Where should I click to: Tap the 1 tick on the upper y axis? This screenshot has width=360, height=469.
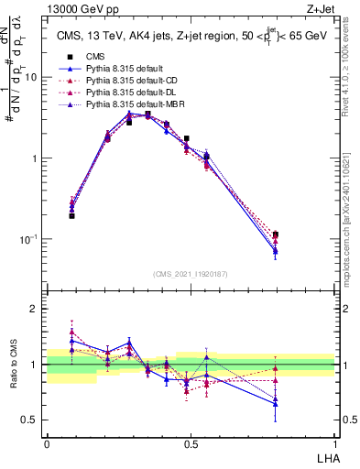click(x=38, y=158)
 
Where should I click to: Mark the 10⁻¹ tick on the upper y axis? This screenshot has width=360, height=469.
click(x=33, y=238)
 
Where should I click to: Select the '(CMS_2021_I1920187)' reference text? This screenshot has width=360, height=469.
click(x=191, y=274)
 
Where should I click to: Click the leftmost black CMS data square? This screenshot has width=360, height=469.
click(x=71, y=216)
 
